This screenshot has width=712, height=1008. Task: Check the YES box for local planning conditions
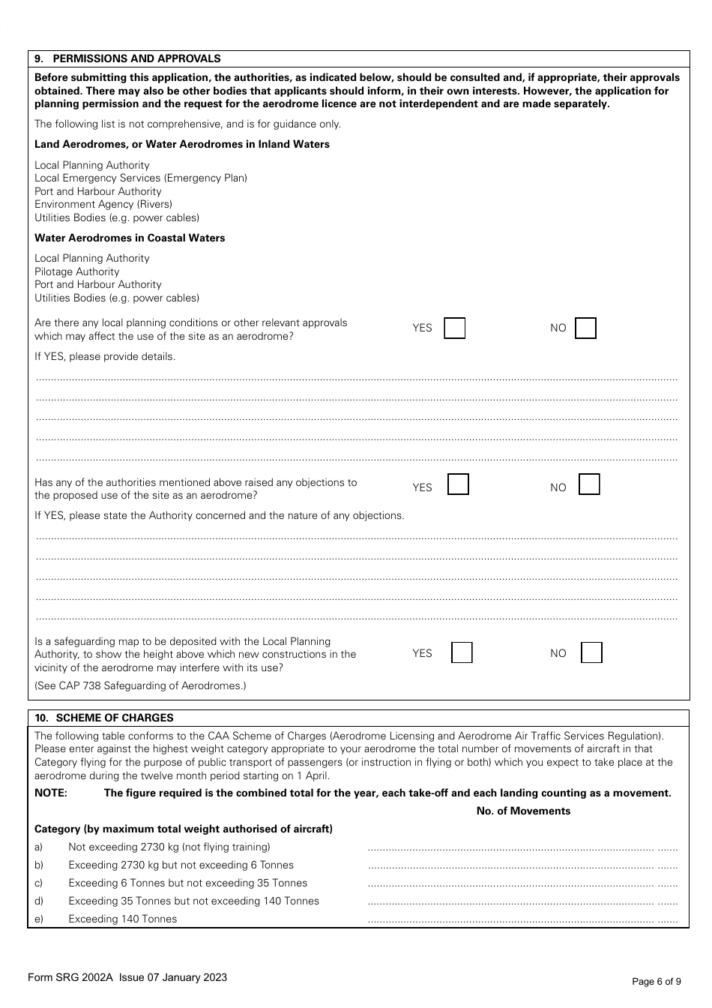[x=454, y=328]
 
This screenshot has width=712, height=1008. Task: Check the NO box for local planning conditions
[x=585, y=328]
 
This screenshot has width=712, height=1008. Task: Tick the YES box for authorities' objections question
[x=458, y=484]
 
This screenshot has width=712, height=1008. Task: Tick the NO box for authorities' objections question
[x=589, y=484]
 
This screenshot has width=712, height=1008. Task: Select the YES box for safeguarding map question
[x=462, y=652]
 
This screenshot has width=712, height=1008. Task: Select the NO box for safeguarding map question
[x=591, y=652]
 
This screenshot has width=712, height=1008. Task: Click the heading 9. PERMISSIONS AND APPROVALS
[x=128, y=58]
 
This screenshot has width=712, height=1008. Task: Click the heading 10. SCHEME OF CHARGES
[x=104, y=718]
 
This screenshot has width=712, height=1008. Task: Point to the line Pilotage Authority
[x=77, y=271]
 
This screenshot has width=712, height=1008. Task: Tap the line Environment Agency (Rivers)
[x=103, y=204]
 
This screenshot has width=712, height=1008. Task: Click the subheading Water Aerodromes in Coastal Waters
[x=130, y=238]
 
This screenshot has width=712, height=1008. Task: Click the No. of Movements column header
[x=523, y=811]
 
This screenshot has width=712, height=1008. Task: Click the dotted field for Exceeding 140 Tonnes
[x=522, y=920]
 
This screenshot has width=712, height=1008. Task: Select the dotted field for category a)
[x=522, y=848]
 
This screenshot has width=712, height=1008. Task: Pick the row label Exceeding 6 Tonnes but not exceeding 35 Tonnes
[x=187, y=883]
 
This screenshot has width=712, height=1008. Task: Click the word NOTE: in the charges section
[x=51, y=793]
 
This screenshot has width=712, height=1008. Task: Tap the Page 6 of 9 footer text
[x=657, y=981]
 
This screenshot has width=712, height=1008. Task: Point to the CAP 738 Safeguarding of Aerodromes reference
[x=140, y=685]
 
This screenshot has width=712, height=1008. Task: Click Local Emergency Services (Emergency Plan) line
[x=141, y=178]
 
